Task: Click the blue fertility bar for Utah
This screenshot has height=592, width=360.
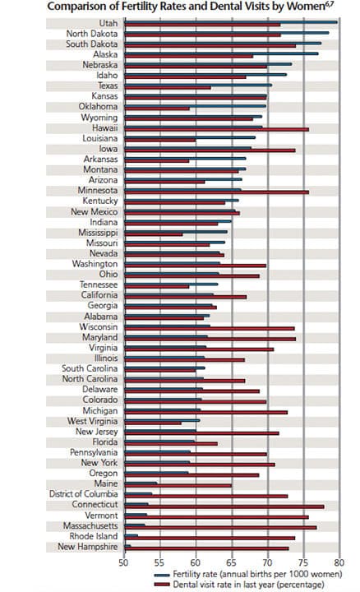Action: click(x=231, y=22)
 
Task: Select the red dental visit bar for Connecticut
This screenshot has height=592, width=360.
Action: click(x=224, y=506)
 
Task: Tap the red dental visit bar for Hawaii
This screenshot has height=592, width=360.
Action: click(x=217, y=130)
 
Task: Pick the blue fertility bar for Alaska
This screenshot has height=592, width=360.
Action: click(x=222, y=53)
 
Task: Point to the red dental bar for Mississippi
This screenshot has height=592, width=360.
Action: click(x=154, y=234)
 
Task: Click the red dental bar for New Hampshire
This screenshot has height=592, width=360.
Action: click(x=207, y=548)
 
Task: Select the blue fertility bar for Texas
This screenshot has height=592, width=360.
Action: click(x=198, y=85)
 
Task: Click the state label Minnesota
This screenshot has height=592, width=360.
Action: click(x=98, y=190)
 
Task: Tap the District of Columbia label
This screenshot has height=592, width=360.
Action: click(x=83, y=494)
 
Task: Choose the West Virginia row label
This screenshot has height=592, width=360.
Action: click(x=92, y=421)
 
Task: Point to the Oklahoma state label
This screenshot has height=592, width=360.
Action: click(x=98, y=106)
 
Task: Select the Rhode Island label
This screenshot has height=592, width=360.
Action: click(x=94, y=536)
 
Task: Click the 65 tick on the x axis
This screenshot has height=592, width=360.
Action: click(x=232, y=562)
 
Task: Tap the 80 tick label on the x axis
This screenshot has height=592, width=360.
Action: click(x=339, y=562)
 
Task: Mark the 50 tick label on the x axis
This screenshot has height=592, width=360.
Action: click(x=124, y=562)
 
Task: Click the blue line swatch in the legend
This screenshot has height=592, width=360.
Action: click(x=162, y=575)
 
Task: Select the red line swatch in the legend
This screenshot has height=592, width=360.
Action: click(x=162, y=585)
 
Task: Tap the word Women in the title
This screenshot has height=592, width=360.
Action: click(x=307, y=6)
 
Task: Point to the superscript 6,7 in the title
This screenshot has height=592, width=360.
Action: click(x=330, y=3)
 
